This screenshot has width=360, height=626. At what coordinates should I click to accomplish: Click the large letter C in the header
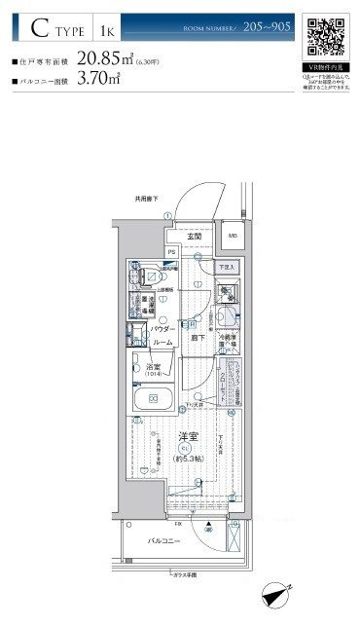click(39, 29)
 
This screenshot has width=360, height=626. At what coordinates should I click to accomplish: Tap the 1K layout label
click(104, 31)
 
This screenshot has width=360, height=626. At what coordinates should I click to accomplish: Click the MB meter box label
click(233, 236)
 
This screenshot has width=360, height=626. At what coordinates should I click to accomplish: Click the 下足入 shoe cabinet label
click(226, 266)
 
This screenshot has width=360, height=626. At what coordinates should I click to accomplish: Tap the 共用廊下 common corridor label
click(145, 199)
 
